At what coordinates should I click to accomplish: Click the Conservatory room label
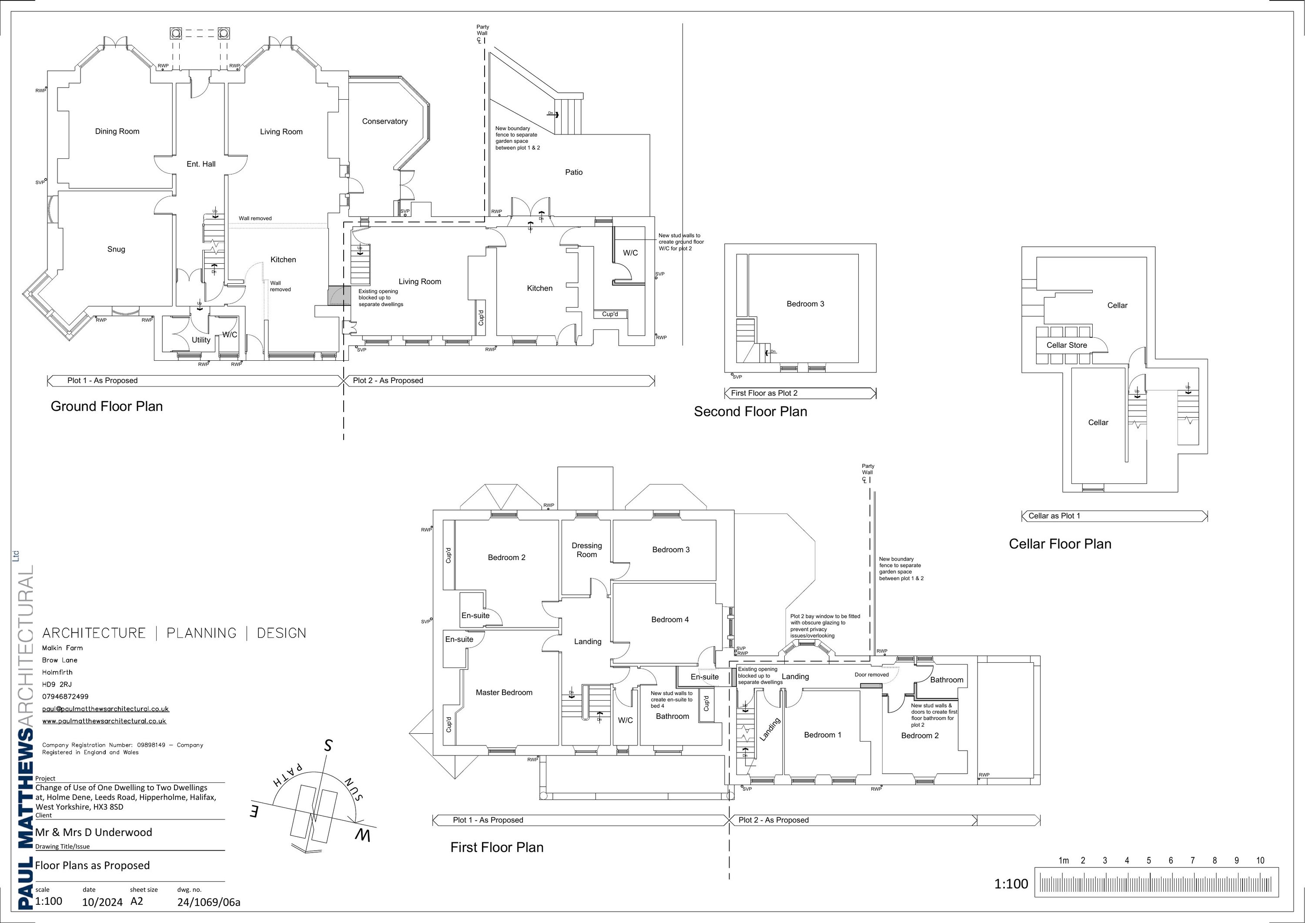[x=385, y=121]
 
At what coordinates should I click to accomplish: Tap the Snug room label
[x=116, y=249]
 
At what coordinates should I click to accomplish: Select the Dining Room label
[x=117, y=131]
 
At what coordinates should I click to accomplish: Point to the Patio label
[x=573, y=172]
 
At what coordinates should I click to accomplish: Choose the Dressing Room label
[x=586, y=550]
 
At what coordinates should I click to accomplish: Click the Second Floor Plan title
[x=750, y=412]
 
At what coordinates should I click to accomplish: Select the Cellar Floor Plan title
[x=1060, y=544]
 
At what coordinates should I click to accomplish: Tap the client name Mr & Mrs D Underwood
[x=94, y=832]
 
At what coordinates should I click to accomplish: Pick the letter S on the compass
[x=328, y=745]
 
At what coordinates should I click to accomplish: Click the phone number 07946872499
[x=65, y=697]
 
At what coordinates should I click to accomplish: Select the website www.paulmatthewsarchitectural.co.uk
[x=104, y=721]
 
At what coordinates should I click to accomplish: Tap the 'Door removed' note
[x=871, y=675]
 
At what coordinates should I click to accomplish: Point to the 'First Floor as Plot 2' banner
[x=764, y=393]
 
